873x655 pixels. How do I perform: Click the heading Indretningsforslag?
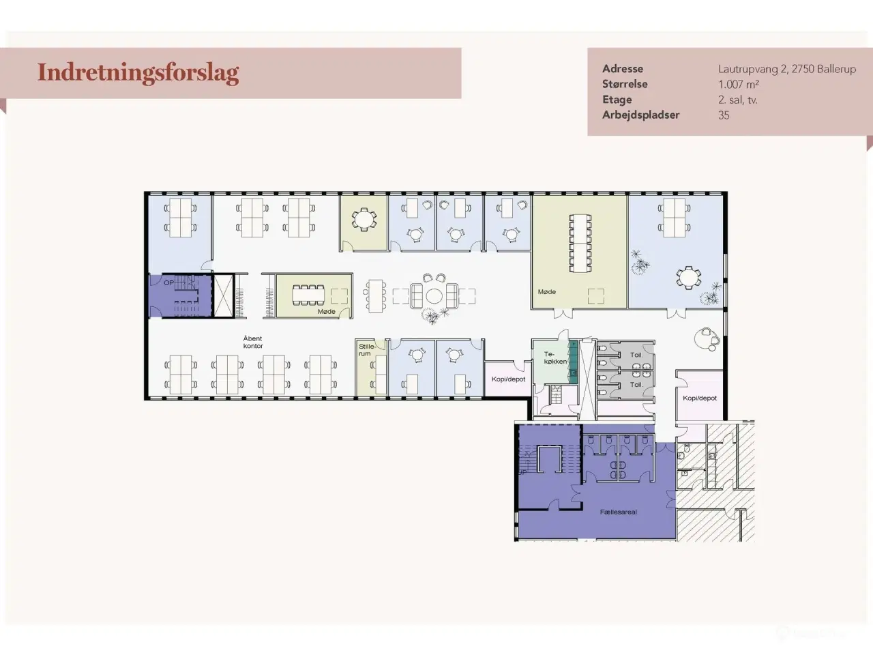point(138,72)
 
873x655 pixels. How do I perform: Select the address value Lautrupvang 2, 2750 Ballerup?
point(786,69)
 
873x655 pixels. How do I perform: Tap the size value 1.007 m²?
point(738,85)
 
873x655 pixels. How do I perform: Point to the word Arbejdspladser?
point(640,115)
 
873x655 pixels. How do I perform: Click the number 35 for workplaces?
point(724,115)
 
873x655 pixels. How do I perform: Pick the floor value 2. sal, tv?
point(737,100)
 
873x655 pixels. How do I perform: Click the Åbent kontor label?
point(253,343)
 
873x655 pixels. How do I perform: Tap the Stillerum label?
point(366,350)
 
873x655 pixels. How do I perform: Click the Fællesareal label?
point(619,512)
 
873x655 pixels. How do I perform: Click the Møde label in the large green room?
point(547,292)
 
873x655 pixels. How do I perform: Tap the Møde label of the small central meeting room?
point(327,312)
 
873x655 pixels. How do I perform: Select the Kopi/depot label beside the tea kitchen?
point(509,379)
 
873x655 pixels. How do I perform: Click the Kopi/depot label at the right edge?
point(700,398)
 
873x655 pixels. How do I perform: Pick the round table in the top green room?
point(364,219)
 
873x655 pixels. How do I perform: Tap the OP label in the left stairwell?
point(168,282)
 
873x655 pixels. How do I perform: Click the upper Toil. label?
point(636,355)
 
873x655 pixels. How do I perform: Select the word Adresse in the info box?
point(622,69)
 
